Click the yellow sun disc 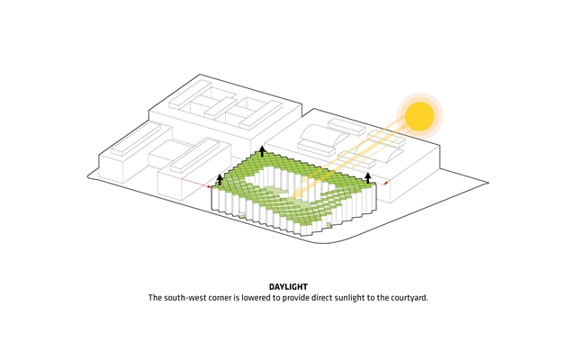420,116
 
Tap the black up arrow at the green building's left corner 220,180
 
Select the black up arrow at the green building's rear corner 262,151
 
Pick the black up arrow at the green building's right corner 368,178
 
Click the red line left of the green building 197,184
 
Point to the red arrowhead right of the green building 385,183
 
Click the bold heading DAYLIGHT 288,287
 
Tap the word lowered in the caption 256,298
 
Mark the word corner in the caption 220,298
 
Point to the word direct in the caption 322,298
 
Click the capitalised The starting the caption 155,298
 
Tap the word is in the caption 236,298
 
